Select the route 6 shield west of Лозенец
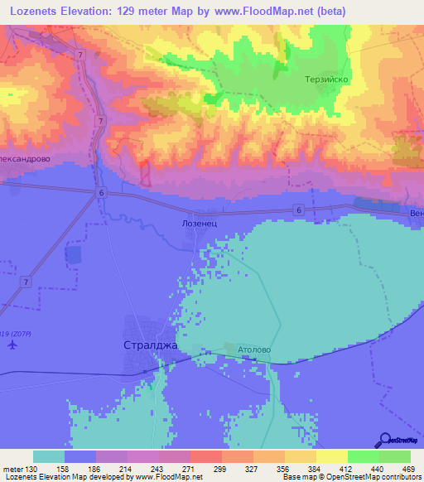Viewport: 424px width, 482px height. [100, 192]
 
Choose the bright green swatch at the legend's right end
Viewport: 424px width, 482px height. [395, 456]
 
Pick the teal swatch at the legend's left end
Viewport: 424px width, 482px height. [49, 456]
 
